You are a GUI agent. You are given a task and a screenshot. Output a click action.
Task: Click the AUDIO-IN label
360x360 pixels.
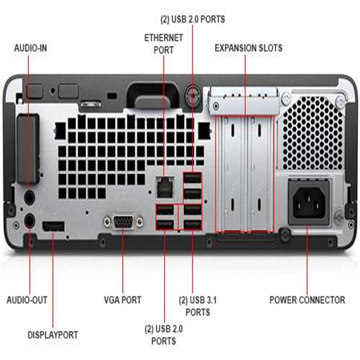pos(31,48)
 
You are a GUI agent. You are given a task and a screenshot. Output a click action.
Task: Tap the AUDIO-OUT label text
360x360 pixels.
pos(27,300)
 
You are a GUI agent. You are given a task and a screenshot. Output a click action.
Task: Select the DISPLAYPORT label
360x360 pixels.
pos(53,335)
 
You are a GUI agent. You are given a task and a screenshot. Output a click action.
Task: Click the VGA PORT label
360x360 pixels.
pos(122,300)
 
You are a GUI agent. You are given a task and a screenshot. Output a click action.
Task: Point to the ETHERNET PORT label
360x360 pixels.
pos(163,44)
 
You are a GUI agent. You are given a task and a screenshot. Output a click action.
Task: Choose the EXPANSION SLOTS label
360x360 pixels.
pos(248,48)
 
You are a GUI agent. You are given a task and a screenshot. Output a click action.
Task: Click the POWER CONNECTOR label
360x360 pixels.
pos(307,300)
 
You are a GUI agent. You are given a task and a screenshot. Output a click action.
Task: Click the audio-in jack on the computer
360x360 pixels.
pos(29,197)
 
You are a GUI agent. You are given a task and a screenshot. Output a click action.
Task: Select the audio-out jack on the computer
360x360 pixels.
pos(29,221)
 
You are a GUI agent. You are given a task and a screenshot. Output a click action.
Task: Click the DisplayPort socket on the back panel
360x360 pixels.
pos(53,226)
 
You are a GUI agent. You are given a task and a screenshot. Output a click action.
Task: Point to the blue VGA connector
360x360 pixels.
pos(123,221)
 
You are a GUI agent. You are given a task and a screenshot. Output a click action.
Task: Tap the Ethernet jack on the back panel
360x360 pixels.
pos(164,187)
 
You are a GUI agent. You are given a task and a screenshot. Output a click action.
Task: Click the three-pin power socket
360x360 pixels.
pos(309,202)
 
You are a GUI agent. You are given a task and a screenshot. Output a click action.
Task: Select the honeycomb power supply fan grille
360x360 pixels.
pos(313,133)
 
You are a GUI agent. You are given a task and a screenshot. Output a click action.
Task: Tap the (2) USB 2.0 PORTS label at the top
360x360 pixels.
pos(193,19)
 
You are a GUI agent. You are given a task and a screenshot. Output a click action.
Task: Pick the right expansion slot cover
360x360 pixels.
pos(260,174)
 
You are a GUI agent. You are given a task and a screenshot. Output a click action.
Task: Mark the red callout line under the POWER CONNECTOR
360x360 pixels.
pos(307,260)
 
